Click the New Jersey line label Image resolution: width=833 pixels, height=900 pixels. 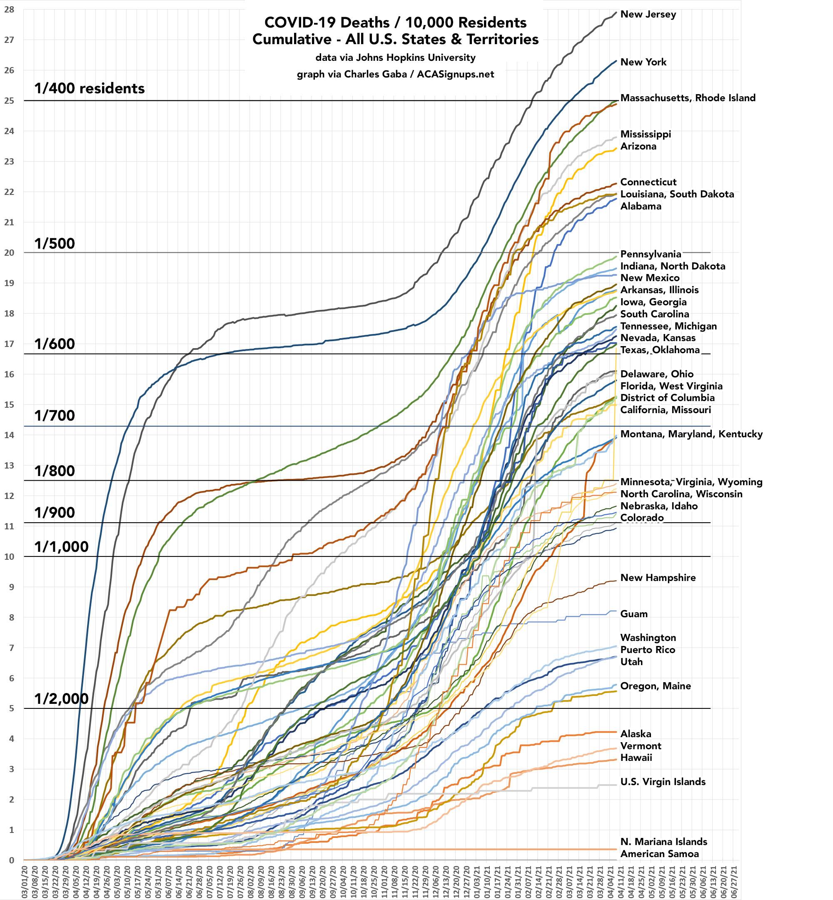click(648, 15)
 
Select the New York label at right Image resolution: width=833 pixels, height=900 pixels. click(643, 62)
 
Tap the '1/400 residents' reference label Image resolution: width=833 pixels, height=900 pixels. click(89, 88)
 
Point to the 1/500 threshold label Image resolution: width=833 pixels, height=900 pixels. click(55, 244)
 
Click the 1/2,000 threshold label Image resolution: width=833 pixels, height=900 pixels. click(61, 699)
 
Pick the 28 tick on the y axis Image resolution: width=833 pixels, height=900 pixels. click(9, 10)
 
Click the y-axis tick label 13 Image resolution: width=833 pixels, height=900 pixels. click(9, 466)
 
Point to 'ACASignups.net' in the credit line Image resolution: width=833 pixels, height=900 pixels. click(455, 75)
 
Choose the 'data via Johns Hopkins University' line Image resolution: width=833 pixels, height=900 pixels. click(395, 58)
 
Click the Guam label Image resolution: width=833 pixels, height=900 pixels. click(634, 614)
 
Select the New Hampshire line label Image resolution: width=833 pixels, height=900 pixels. click(658, 578)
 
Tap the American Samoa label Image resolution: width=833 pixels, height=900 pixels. click(659, 854)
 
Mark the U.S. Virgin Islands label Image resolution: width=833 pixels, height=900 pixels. click(663, 781)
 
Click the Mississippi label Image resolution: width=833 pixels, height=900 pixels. click(646, 134)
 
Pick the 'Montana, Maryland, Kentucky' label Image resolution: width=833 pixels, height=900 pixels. click(691, 434)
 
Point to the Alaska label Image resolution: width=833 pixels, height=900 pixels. click(636, 734)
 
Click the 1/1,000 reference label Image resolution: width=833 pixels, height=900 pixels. click(61, 547)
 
